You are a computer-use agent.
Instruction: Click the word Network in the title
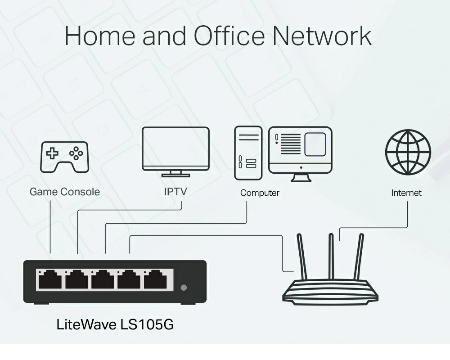[322, 36]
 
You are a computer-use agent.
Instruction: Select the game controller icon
[64, 157]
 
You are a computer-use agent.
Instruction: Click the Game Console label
[64, 192]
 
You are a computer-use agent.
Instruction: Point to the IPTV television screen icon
[175, 152]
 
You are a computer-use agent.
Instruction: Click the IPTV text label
[175, 192]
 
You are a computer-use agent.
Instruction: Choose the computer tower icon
[248, 153]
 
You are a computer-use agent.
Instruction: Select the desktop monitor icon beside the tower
[301, 154]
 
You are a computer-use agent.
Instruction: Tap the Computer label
[260, 193]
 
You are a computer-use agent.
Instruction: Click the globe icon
[408, 152]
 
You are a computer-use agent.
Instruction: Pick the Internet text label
[406, 193]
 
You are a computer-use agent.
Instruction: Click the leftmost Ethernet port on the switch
[50, 279]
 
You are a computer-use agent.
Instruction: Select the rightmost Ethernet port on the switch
[155, 279]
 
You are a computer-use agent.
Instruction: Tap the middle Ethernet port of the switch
[103, 279]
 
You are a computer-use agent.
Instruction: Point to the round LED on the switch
[184, 288]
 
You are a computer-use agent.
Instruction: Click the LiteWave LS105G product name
[115, 325]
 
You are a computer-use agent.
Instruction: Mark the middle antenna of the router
[331, 256]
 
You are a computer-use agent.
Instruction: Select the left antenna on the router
[302, 256]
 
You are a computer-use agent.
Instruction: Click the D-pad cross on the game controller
[52, 153]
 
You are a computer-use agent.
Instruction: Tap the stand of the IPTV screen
[175, 174]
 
